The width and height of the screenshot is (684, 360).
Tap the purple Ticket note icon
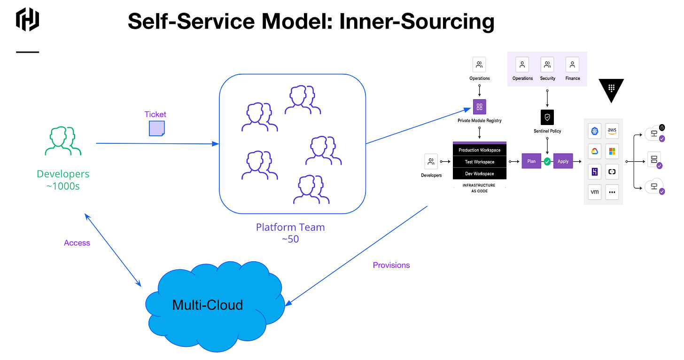pos(156,128)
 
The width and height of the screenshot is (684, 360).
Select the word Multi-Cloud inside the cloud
pos(208,305)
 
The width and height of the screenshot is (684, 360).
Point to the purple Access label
pos(77,243)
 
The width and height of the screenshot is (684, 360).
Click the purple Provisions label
pos(391,265)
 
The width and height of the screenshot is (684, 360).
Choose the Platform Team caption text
pos(290,227)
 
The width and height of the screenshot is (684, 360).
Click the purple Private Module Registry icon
pos(480,106)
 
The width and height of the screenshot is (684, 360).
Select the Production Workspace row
pos(480,150)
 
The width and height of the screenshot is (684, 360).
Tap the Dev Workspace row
pos(480,174)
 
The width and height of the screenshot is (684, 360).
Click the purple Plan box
pos(531,161)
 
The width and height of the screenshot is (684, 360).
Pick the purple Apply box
pos(563,161)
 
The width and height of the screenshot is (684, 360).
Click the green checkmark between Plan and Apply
pos(547,161)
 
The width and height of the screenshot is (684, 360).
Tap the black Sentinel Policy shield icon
pos(547,117)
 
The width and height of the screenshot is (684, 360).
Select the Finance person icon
pos(572,64)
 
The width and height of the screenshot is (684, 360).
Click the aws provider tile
pos(612,131)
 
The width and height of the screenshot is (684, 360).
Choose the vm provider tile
pos(594,192)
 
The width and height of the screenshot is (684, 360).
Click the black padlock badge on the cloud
pos(661,127)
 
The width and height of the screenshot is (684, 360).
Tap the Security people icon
pos(547,64)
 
